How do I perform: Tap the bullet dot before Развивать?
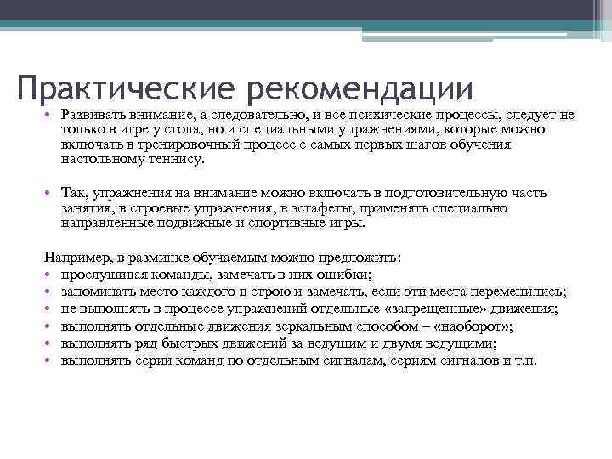(x=50, y=116)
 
